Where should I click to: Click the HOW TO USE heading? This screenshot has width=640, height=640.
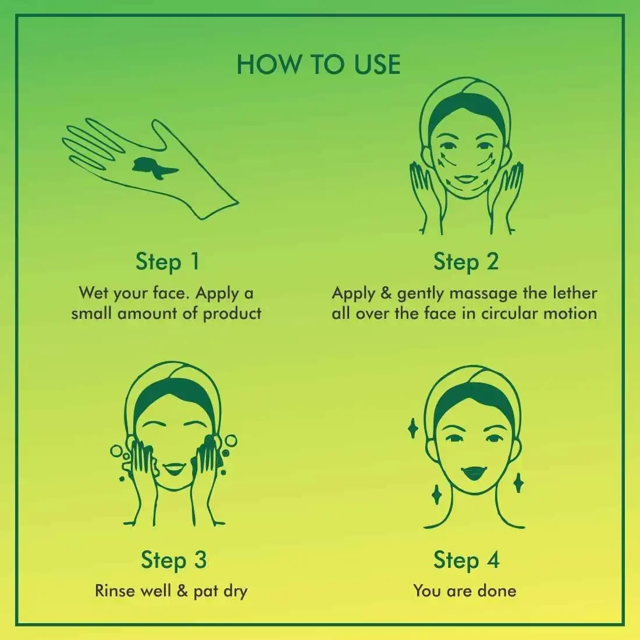319,65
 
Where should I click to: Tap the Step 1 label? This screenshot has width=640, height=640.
168,261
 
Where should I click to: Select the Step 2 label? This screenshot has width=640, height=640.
466,261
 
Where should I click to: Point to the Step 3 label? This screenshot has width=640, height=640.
174,560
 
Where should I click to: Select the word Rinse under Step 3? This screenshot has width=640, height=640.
111,591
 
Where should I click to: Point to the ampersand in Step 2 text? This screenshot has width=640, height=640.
386,293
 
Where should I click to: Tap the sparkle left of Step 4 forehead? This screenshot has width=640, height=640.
413,428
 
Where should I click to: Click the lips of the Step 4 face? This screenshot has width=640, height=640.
474,473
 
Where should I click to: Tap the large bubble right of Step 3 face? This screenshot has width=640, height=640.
230,441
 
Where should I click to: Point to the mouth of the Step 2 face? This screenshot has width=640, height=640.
465,179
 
